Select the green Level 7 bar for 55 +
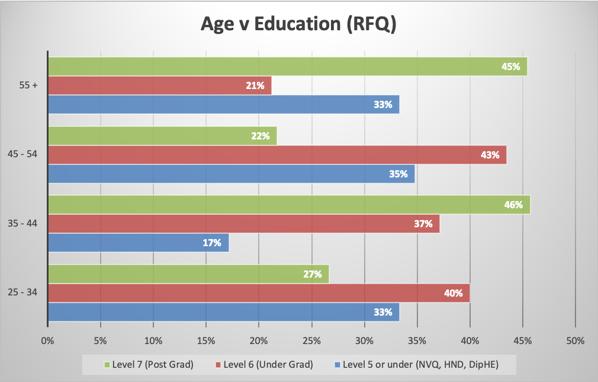pyautogui.click(x=287, y=66)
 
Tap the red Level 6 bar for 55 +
pyautogui.click(x=159, y=85)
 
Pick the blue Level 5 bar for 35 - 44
pyautogui.click(x=138, y=243)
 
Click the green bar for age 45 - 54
pyautogui.click(x=162, y=136)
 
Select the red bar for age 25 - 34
pyautogui.click(x=259, y=293)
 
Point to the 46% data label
pyautogui.click(x=513, y=205)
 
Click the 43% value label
pyautogui.click(x=490, y=155)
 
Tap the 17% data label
pyautogui.click(x=212, y=243)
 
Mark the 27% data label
pyautogui.click(x=312, y=274)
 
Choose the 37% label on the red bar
pyautogui.click(x=423, y=224)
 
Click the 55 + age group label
pyautogui.click(x=28, y=85)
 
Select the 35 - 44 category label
pyautogui.click(x=24, y=224)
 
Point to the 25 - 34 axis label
pyautogui.click(x=24, y=293)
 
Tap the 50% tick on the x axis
pyautogui.click(x=575, y=341)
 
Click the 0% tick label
pyautogui.click(x=47, y=341)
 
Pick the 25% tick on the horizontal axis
pyautogui.click(x=311, y=341)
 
